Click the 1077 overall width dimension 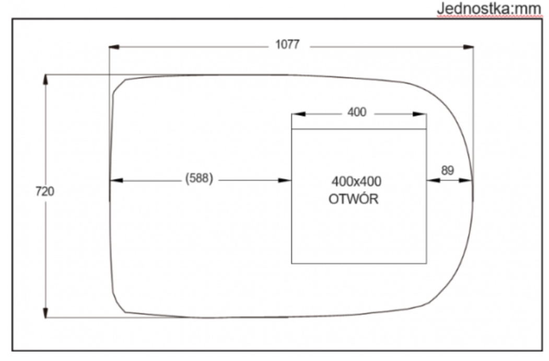tap(287, 44)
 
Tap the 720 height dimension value tap(45, 191)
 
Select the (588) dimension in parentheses tap(199, 178)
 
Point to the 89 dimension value tap(448, 171)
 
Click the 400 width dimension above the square tap(357, 112)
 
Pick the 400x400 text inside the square tap(356, 182)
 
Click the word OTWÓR tap(354, 199)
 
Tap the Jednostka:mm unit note tap(489, 8)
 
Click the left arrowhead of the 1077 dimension tap(114, 47)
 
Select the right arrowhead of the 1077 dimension tap(468, 47)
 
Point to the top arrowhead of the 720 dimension tap(45, 80)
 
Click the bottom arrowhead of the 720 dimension tap(45, 312)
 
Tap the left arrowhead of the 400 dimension tap(298, 114)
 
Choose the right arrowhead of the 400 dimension tap(419, 114)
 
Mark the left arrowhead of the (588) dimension tap(116, 180)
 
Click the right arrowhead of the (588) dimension tap(285, 180)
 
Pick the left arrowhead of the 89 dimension tap(433, 180)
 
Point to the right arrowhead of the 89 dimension tap(465, 180)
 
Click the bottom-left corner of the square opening tap(291, 263)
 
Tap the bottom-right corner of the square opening tap(426, 263)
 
